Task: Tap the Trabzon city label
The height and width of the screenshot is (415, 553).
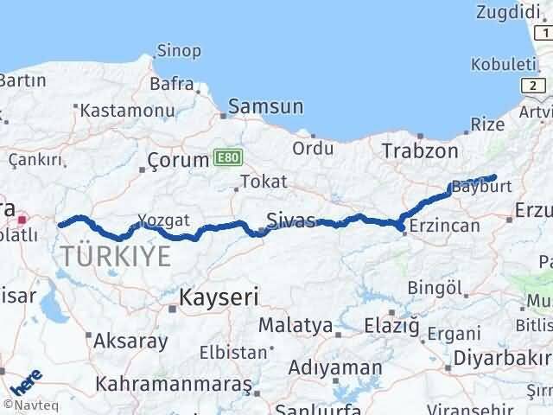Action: click(x=422, y=150)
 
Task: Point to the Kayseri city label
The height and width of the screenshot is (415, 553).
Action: click(x=219, y=297)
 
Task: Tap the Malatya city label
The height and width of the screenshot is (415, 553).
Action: click(x=296, y=326)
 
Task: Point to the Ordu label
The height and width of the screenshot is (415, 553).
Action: click(x=313, y=148)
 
